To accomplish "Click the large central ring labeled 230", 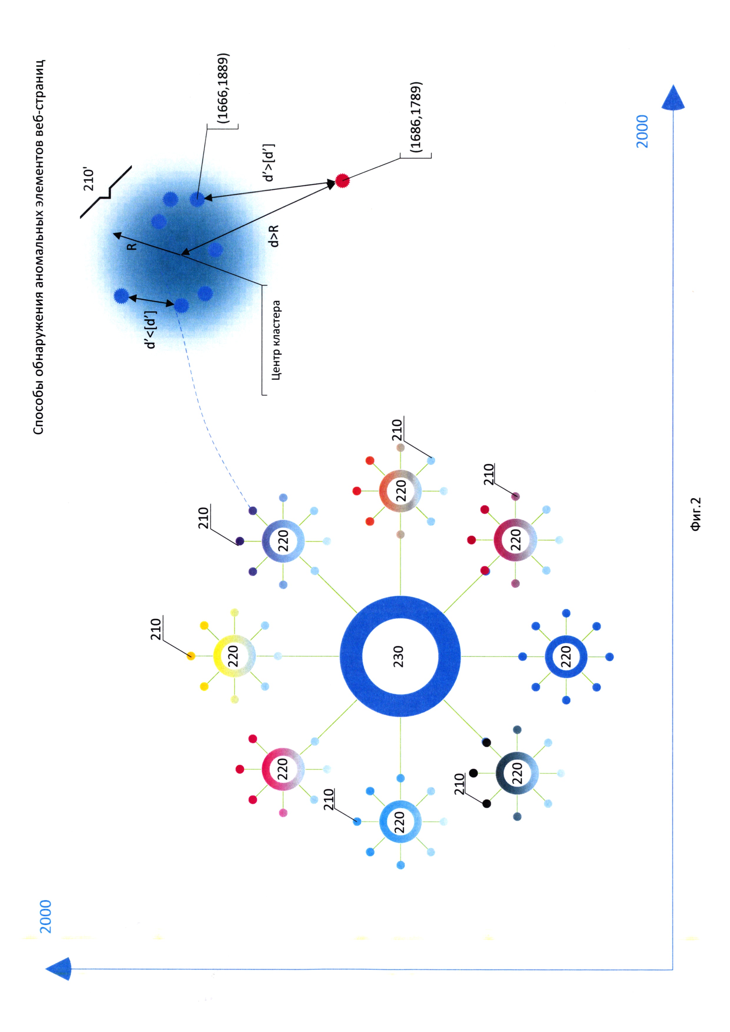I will coord(400,656).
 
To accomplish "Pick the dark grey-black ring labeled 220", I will coord(517,773).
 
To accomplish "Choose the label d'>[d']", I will coord(269,163).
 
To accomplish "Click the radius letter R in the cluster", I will coord(132,246).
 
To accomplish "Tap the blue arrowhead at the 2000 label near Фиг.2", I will coord(673,98).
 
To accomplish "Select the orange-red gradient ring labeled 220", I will coord(400,491).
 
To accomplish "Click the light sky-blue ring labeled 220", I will coord(400,821).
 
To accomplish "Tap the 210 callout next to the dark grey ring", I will coord(459,784).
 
